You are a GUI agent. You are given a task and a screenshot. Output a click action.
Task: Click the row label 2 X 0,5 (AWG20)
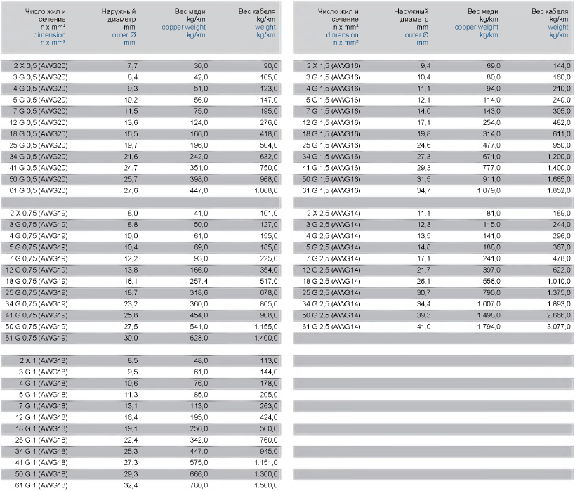(42, 65)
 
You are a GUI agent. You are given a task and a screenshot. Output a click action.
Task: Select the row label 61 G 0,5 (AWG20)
(42, 190)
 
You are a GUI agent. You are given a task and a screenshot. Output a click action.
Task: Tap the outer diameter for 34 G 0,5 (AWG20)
(131, 157)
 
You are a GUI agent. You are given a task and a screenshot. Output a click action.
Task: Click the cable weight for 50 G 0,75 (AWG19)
(266, 327)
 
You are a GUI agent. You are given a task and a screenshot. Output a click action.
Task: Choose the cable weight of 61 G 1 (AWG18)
(266, 485)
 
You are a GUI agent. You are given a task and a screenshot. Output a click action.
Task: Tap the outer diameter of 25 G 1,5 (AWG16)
(423, 145)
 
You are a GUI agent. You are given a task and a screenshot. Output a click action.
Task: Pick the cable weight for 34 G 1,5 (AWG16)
(558, 157)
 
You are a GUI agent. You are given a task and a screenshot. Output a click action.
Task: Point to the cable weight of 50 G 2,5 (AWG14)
(558, 315)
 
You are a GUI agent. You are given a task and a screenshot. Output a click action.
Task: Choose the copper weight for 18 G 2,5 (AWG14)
(491, 281)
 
